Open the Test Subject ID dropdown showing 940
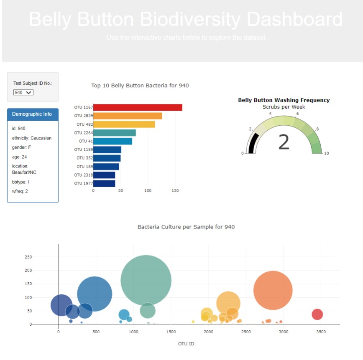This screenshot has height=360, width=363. [x=23, y=92]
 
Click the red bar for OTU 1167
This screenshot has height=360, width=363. [x=138, y=107]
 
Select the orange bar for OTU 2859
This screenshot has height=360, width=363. [x=128, y=116]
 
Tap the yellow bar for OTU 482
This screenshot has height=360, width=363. [x=124, y=124]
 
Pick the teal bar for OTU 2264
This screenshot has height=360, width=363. [x=114, y=133]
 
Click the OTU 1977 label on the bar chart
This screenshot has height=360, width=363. [x=83, y=183]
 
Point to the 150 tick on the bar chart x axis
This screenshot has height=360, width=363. [x=175, y=190]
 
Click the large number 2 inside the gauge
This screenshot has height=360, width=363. [x=284, y=142]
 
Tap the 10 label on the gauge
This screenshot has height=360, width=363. [x=327, y=153]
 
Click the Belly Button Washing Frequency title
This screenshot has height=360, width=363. [x=284, y=100]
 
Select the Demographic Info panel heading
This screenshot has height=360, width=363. [x=32, y=114]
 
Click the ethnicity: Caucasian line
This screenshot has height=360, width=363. [x=32, y=138]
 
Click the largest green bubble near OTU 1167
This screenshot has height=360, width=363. [x=146, y=280]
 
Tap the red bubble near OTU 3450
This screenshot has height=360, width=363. [x=317, y=314]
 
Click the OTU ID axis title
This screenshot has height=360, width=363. [x=186, y=344]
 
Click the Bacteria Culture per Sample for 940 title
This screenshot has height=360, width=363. [x=186, y=227]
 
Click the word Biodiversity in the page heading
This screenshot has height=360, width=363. [x=190, y=20]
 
